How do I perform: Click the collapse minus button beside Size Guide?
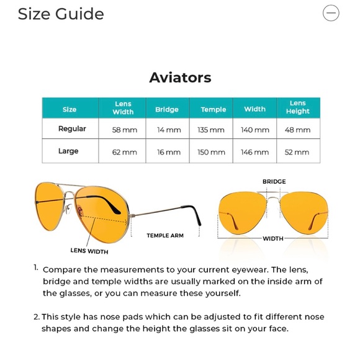331,13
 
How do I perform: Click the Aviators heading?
180,78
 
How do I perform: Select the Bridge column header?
167,109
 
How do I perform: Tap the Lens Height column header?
298,107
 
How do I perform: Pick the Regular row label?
72,129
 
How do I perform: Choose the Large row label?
68,151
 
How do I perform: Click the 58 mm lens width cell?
124,130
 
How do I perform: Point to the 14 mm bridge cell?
169,130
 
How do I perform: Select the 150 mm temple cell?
211,152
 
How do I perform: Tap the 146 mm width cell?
255,152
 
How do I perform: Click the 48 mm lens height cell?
297,130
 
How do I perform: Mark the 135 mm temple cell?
211,130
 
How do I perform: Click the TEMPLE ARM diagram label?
165,236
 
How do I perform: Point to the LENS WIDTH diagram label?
89,251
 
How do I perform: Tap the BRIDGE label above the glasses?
274,182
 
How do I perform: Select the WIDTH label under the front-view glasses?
273,238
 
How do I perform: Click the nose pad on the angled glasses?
68,209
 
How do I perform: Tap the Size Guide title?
61,14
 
